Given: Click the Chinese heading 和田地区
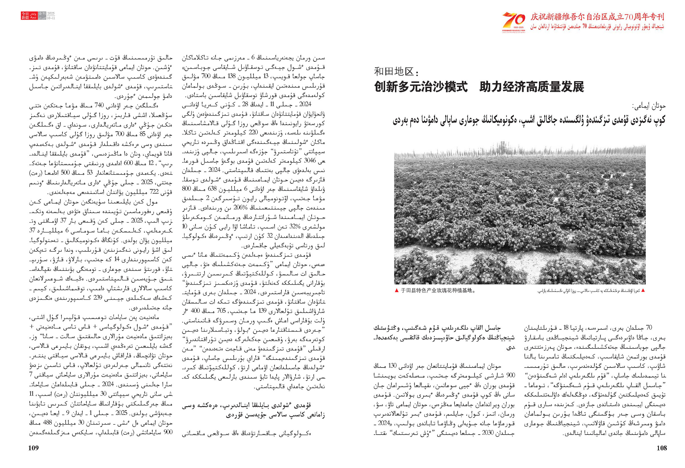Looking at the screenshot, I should pyautogui.click(x=396, y=72).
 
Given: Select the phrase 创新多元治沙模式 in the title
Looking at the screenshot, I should pyautogui.click(x=421, y=87).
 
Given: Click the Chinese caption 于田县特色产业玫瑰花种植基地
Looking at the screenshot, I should pyautogui.click(x=438, y=291).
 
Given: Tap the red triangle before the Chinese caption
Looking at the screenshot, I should pyautogui.click(x=397, y=291).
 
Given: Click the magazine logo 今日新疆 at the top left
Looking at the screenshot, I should pyautogui.click(x=25, y=16).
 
